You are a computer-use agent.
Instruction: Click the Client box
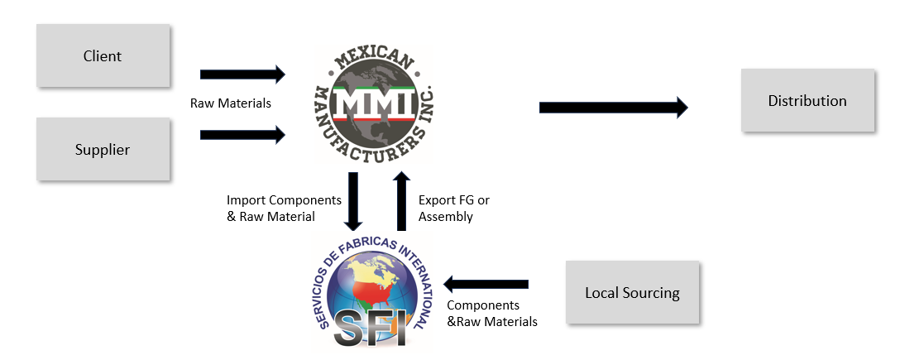click(103, 56)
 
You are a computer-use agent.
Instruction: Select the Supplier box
click(103, 150)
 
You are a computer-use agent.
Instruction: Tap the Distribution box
click(807, 101)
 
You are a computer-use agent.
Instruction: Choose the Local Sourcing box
click(632, 292)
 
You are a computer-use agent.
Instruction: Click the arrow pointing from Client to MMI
click(242, 74)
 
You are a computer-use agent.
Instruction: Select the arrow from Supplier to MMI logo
click(242, 135)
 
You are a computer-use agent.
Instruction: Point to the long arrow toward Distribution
click(613, 107)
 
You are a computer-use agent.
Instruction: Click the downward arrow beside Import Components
click(354, 201)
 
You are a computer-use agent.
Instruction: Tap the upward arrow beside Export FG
click(401, 201)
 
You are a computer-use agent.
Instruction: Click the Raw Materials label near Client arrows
click(231, 103)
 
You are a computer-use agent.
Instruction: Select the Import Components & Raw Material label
click(272, 209)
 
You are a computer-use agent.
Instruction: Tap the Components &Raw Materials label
click(491, 313)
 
